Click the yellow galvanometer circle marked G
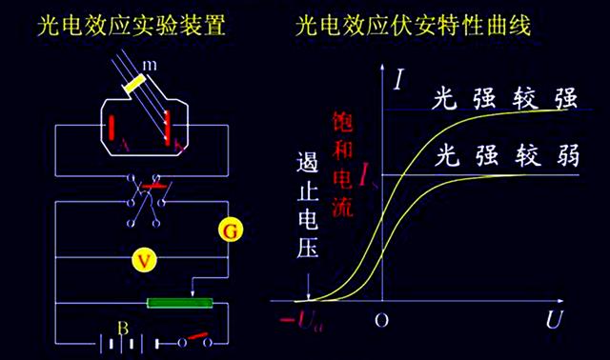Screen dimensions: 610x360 [228, 229]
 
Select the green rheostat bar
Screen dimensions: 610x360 [180, 303]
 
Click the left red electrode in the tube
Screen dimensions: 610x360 [112, 129]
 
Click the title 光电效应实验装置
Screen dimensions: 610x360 [132, 25]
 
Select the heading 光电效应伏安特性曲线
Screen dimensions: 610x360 [413, 25]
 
